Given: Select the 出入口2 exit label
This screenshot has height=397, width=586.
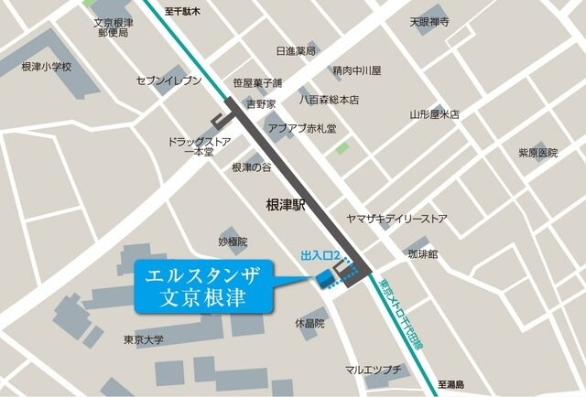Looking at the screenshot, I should coord(320,255).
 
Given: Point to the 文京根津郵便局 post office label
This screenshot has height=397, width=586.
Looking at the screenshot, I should coord(112,27).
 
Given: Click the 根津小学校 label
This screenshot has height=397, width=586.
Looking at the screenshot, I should coord(45,68).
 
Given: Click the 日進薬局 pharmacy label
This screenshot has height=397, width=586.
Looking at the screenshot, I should coord(295,51).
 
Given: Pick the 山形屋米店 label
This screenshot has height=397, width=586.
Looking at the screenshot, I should coord(434,115).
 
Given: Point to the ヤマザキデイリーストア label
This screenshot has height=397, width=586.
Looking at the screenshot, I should coord(396,219).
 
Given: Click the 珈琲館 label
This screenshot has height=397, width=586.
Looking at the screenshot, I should coord(423,251).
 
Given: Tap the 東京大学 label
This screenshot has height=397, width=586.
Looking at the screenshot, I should coord(144,339).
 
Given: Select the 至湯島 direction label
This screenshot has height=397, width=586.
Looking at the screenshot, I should coord(451,385).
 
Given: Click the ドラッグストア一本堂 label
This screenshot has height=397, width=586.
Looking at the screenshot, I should coord(200,146).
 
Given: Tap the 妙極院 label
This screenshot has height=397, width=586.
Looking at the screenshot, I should coord(233,241).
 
